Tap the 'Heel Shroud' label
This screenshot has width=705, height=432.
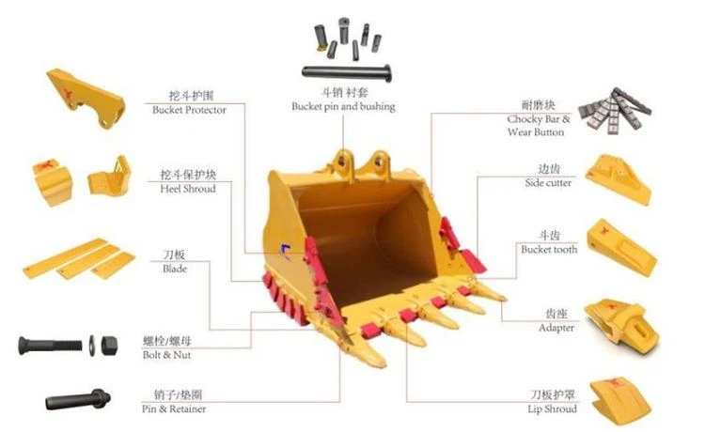(x=188, y=189)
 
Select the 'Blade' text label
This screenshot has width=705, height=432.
(x=175, y=269)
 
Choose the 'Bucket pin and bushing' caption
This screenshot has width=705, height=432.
(x=343, y=106)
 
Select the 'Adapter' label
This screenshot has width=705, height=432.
(x=556, y=328)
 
